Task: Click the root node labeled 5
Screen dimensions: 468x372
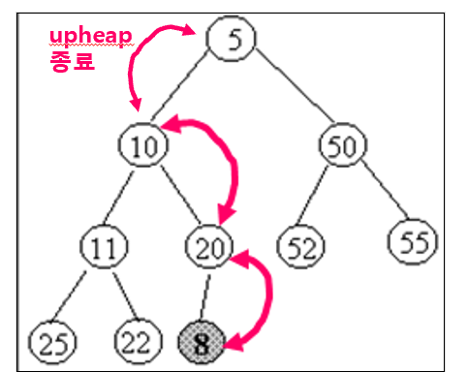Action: (231, 39)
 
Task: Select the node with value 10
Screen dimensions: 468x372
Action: (143, 145)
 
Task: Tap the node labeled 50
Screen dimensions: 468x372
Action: (343, 145)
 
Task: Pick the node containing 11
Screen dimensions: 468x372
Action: (104, 247)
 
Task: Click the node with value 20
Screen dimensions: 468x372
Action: (209, 247)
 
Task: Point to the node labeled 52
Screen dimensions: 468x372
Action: (301, 247)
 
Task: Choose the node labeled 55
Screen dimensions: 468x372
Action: (413, 241)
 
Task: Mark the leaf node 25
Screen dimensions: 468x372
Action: (52, 342)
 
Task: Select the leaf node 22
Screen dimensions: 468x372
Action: (139, 342)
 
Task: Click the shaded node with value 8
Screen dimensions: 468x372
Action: (202, 342)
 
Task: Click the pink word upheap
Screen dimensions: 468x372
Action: (91, 37)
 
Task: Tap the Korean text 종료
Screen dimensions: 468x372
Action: (73, 61)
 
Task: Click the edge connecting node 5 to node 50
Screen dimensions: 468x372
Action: (295, 85)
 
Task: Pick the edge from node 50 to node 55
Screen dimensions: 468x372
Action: (386, 189)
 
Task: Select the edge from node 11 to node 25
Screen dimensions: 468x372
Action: (69, 295)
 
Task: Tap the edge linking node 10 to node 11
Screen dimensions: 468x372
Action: (118, 198)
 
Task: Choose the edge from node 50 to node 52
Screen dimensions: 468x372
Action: (312, 196)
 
